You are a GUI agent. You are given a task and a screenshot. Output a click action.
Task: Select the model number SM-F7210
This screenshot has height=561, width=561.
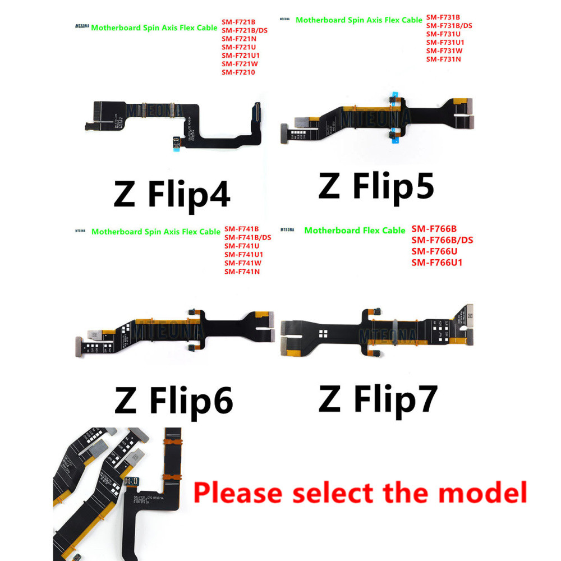click(x=238, y=72)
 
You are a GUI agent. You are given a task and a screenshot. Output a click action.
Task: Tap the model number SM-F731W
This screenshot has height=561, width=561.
click(x=444, y=50)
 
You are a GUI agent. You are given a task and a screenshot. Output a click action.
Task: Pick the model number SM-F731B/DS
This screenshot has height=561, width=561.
click(x=449, y=25)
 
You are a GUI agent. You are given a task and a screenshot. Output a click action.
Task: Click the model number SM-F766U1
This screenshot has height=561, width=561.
click(x=437, y=263)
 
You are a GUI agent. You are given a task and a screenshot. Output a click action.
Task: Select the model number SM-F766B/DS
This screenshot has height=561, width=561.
click(x=443, y=240)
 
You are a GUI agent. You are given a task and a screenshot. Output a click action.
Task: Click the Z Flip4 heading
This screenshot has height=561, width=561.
click(x=172, y=195)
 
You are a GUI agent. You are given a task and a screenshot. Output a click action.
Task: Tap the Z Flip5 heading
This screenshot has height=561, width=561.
click(x=376, y=186)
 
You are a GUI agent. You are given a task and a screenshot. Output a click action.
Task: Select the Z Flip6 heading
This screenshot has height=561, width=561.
click(x=173, y=400)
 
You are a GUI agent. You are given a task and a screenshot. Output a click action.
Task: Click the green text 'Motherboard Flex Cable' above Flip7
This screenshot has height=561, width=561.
click(x=355, y=231)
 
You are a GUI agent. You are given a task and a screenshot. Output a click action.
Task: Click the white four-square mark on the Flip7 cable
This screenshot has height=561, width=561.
click(x=324, y=334)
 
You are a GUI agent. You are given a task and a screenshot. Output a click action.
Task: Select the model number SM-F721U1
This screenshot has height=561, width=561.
click(x=240, y=55)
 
